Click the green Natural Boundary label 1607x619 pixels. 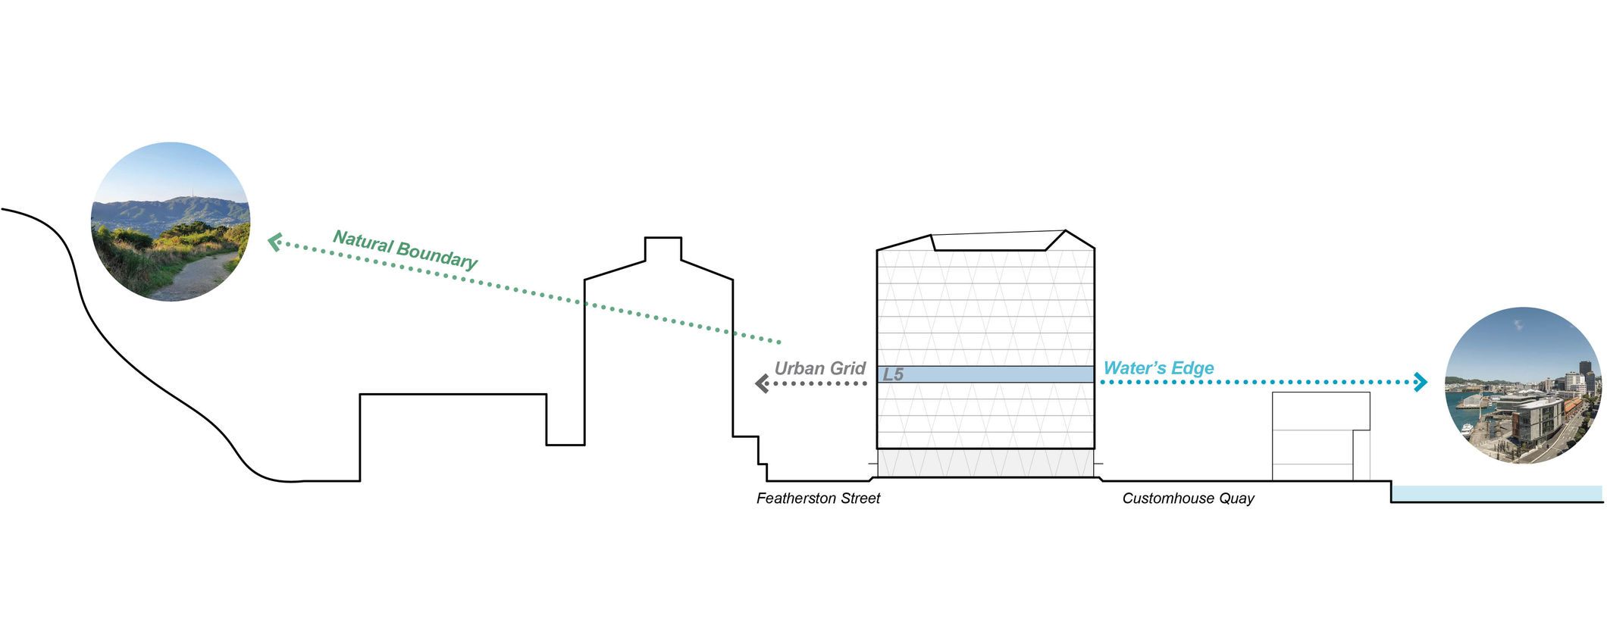pyautogui.click(x=406, y=249)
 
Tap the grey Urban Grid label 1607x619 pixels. pyautogui.click(x=819, y=369)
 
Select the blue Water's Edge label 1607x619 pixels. pyautogui.click(x=1158, y=368)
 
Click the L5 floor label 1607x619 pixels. pyautogui.click(x=893, y=374)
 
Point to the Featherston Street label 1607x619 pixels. pyautogui.click(x=818, y=499)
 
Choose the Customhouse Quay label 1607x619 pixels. pyautogui.click(x=1188, y=499)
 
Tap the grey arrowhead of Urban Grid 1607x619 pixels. pyautogui.click(x=762, y=383)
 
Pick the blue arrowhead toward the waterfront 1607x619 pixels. pyautogui.click(x=1421, y=382)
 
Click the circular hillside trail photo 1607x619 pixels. pyautogui.click(x=171, y=221)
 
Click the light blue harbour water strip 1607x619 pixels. pyautogui.click(x=1497, y=493)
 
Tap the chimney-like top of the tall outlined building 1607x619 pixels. pyautogui.click(x=663, y=249)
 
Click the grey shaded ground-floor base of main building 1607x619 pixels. pyautogui.click(x=985, y=462)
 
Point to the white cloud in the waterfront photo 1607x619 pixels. pyautogui.click(x=1518, y=324)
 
